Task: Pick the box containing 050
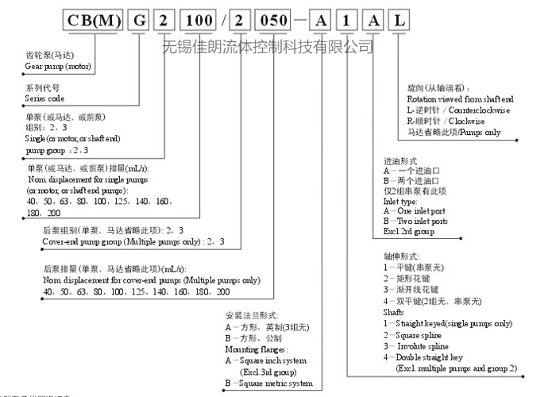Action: point(283,21)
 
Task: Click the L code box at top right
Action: point(398,21)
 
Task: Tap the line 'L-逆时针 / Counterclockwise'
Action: point(458,110)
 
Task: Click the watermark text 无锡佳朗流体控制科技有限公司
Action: point(268,47)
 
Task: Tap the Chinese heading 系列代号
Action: point(43,88)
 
